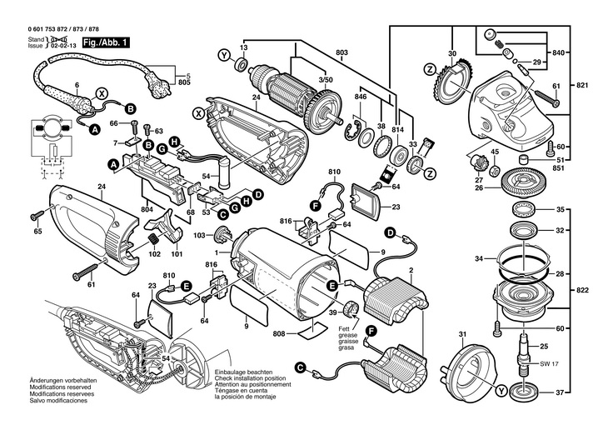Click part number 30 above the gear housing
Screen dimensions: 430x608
452,54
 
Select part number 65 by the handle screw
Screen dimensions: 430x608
37,231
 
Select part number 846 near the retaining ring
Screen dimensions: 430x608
360,98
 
